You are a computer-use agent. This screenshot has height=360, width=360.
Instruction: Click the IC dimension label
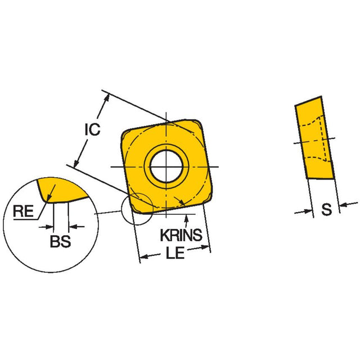click(x=92, y=129)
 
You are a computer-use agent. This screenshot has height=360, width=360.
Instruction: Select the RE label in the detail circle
click(x=23, y=211)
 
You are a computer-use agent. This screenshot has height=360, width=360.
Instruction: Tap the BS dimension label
click(x=60, y=241)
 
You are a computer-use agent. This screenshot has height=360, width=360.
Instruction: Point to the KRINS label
click(x=181, y=235)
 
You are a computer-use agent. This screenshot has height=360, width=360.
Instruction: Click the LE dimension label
click(x=175, y=253)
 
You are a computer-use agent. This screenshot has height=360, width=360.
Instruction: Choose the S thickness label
click(x=326, y=209)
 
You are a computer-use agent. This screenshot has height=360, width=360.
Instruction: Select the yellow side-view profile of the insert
click(x=314, y=137)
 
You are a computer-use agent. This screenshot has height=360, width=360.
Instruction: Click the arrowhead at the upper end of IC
click(x=106, y=97)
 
